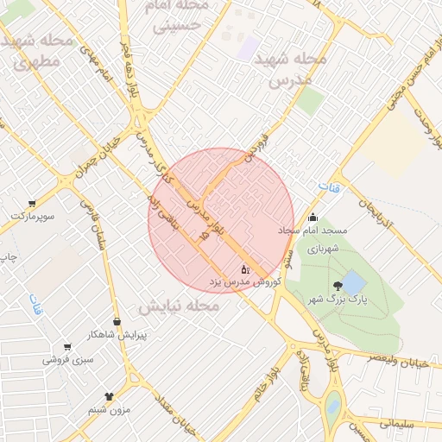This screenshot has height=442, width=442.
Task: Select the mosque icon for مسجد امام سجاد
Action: click(313, 218)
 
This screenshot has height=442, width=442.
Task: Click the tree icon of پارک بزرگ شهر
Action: click(335, 287)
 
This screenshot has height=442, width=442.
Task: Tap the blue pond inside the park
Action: click(352, 282)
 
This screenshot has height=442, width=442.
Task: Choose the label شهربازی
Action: click(320, 246)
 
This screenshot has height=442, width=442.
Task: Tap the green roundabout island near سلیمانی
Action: click(333, 403)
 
